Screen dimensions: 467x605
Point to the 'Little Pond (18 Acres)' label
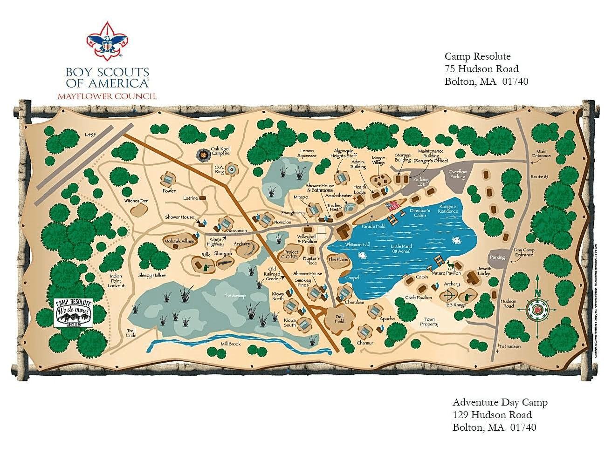[x=400, y=249]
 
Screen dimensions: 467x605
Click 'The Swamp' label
[x=234, y=296]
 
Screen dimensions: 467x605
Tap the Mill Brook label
[x=231, y=344]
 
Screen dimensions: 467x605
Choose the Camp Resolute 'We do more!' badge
[x=73, y=312]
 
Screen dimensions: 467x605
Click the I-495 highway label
[x=90, y=135]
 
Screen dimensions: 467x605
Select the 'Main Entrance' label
[x=541, y=153]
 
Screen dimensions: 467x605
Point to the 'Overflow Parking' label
[x=457, y=174]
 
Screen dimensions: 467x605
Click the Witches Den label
[x=136, y=201]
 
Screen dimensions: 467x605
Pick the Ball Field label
[x=340, y=318]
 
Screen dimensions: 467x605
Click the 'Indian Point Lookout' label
[x=116, y=281]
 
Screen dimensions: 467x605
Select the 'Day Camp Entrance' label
[x=524, y=252]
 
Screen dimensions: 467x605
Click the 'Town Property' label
[x=429, y=322]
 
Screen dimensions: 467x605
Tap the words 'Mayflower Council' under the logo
[x=107, y=96]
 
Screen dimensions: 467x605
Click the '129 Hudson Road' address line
[x=492, y=415]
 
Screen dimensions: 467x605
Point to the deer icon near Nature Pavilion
[x=450, y=265]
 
